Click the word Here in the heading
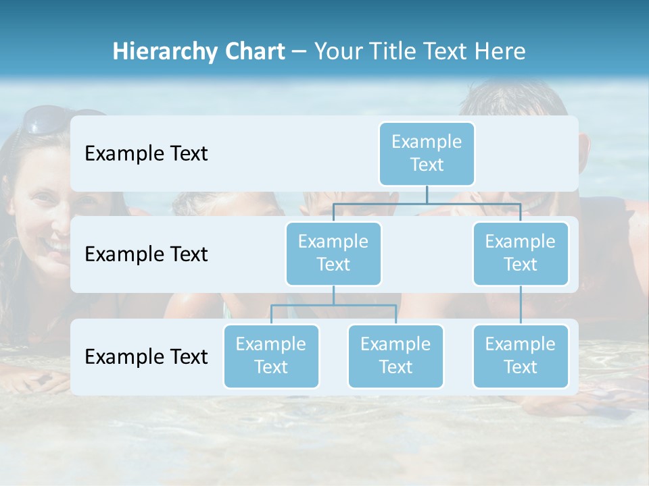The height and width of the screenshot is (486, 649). (500, 52)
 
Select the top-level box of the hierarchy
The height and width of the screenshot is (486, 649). (427, 153)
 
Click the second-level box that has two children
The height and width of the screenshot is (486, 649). (333, 253)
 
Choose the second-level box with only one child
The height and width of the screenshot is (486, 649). (521, 253)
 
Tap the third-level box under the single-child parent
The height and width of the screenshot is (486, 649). (521, 356)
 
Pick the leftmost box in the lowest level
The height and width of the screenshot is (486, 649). (271, 356)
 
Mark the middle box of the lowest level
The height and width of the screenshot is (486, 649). (395, 356)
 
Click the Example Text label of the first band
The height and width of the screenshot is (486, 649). (146, 153)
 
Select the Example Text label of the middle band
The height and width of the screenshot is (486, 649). (146, 254)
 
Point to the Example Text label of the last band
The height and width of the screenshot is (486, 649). (146, 356)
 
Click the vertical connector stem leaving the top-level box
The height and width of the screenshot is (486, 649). (427, 194)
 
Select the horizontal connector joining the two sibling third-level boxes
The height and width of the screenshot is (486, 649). (333, 305)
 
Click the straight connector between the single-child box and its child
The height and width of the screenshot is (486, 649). (521, 304)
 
